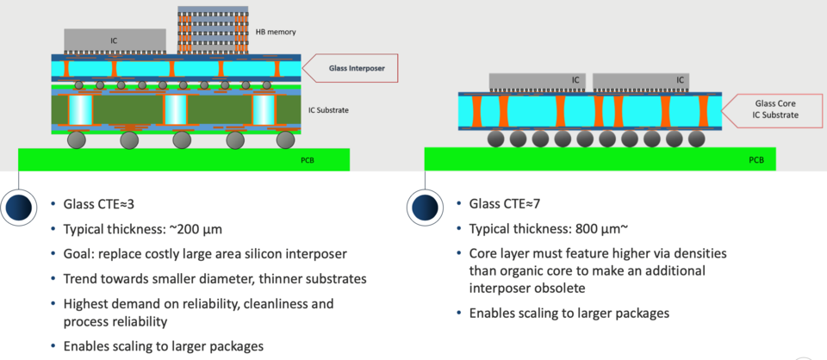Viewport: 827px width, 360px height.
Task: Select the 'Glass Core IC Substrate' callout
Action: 777,109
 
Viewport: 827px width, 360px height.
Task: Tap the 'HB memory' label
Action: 276,32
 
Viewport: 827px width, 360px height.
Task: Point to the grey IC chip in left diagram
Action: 115,40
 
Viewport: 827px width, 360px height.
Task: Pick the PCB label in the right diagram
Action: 755,159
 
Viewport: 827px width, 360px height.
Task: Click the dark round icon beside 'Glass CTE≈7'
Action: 425,208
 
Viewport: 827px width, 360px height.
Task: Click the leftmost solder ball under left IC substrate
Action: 77,139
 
